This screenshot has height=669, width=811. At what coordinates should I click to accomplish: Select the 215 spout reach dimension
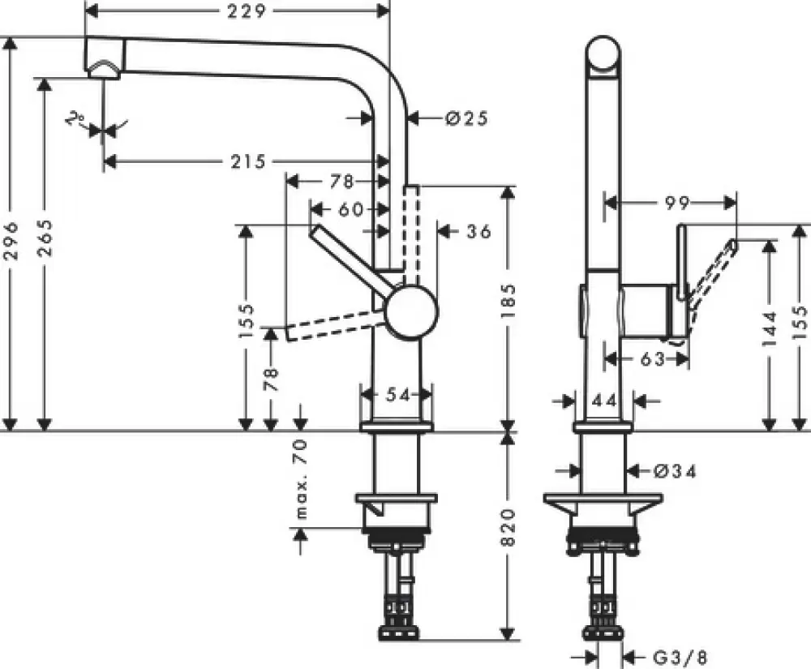(x=248, y=161)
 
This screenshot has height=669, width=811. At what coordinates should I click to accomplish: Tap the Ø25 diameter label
(x=466, y=118)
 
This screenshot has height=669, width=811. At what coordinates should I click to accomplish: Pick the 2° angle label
(x=78, y=121)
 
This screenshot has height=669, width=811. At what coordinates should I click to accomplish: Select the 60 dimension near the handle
(x=350, y=210)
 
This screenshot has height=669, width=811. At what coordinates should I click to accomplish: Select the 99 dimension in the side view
(x=672, y=204)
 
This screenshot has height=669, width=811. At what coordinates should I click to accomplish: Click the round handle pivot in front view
(x=411, y=311)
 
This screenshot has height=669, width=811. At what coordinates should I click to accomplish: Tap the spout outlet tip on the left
(x=103, y=71)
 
